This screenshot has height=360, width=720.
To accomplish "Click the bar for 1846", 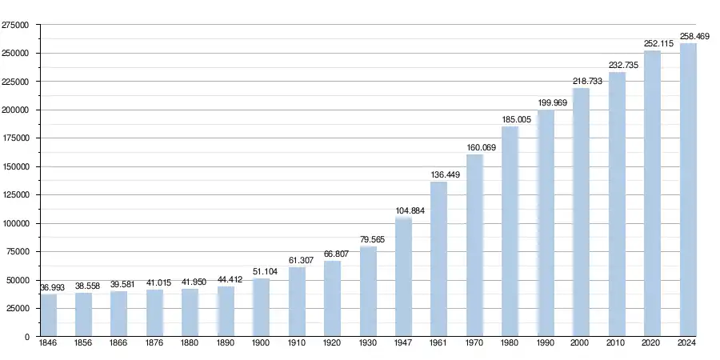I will [49, 315].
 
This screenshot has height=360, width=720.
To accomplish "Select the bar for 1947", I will [403, 277].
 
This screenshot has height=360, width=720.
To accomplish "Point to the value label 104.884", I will [403, 211].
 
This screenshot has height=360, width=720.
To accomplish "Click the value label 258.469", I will [688, 36].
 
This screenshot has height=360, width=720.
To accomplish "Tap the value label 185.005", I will [510, 120].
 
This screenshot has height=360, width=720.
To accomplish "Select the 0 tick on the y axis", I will [27, 337].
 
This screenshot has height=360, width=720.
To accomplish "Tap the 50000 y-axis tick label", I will [18, 280].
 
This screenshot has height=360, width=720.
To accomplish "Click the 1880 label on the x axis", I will [190, 343].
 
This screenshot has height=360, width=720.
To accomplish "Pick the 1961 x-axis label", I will [439, 343].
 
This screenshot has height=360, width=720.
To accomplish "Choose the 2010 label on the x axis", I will [617, 343].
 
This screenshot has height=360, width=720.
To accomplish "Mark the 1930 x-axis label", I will [368, 343].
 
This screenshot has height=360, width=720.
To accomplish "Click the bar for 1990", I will [546, 223].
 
